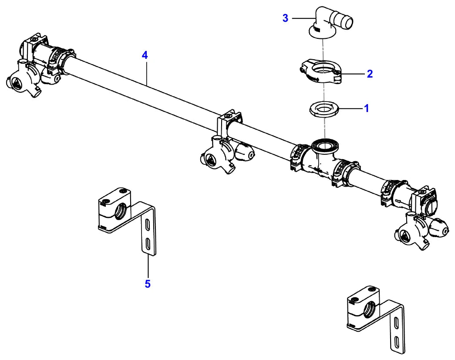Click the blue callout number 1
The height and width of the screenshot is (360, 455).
pos(367,109)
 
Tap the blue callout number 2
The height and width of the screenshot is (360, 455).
pos(370,74)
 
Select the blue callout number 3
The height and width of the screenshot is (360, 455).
pos(286,18)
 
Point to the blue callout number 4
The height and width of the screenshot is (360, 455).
pos(145,55)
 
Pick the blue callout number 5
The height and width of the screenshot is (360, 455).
pos(148,284)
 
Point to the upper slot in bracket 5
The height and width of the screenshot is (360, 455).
pos(148,225)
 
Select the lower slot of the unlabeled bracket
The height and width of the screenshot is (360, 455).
pos(397,341)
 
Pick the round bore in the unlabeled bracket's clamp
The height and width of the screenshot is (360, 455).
pos(369,309)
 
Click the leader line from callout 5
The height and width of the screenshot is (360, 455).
pos(148,266)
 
